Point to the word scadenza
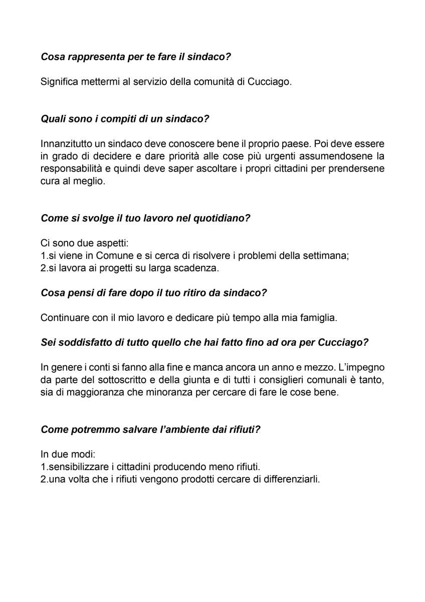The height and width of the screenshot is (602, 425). click(x=199, y=268)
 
